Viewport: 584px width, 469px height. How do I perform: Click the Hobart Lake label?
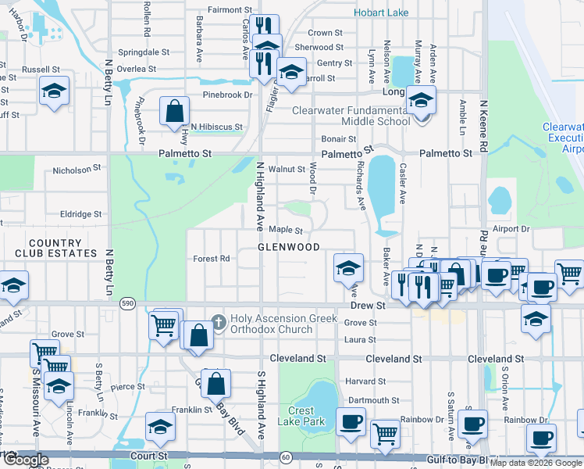pyautogui.click(x=381, y=13)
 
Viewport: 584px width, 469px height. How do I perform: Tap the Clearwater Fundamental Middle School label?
pyautogui.click(x=351, y=116)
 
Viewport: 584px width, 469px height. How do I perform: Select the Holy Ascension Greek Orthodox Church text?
pyautogui.click(x=283, y=324)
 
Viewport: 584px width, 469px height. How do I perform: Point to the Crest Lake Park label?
pyautogui.click(x=301, y=416)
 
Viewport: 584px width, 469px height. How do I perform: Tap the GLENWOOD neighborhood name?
pyautogui.click(x=289, y=247)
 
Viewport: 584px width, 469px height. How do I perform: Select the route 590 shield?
pyautogui.click(x=127, y=303)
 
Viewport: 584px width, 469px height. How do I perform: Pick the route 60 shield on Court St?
pyautogui.click(x=287, y=456)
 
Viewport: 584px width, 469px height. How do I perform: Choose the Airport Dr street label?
pyautogui.click(x=511, y=229)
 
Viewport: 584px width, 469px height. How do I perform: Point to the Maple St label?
pyautogui.click(x=286, y=230)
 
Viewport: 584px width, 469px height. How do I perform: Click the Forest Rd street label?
pyautogui.click(x=212, y=259)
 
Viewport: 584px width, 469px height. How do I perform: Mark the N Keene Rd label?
pyautogui.click(x=484, y=125)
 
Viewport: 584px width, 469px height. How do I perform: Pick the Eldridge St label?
pyautogui.click(x=82, y=213)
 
